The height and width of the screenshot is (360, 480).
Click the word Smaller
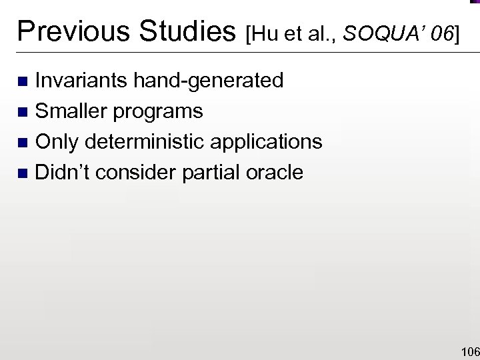pyautogui.click(x=72, y=111)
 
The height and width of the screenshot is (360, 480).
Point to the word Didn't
pyautogui.click(x=63, y=173)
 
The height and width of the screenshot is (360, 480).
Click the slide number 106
pyautogui.click(x=469, y=351)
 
